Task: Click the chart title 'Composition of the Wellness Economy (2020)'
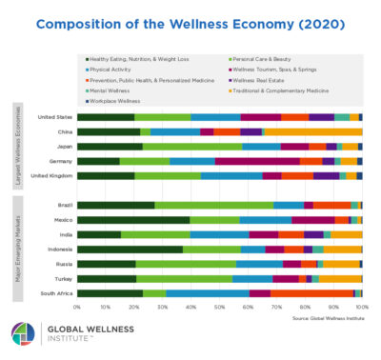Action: tap(190, 24)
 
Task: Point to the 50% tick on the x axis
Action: tap(219, 308)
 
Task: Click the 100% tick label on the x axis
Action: tap(361, 308)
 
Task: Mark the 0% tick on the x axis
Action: tap(77, 308)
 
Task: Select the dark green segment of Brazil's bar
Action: tap(115, 205)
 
